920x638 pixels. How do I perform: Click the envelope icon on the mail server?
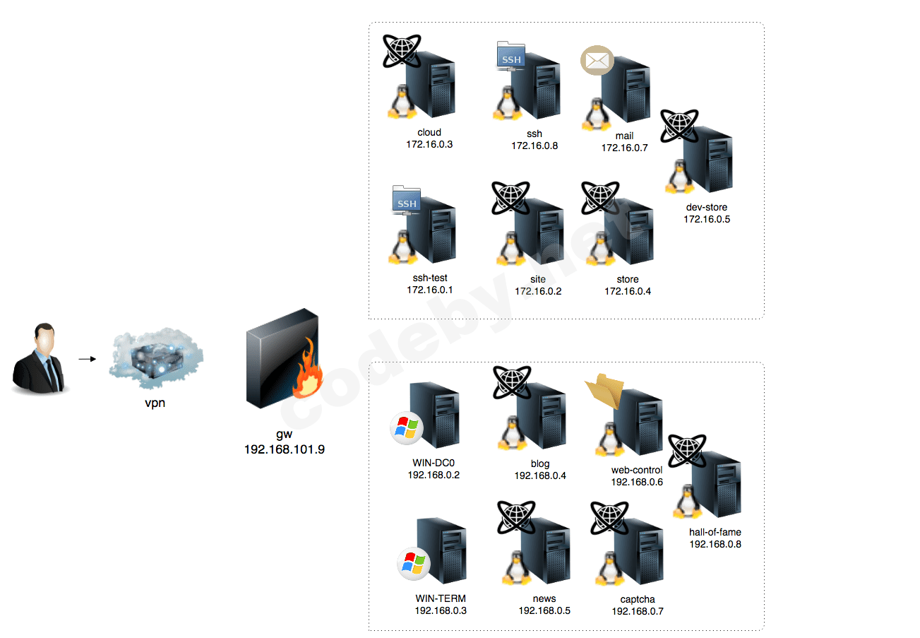click(x=597, y=61)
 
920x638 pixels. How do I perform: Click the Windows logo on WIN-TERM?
click(x=413, y=563)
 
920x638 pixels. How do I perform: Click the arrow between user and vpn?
click(x=87, y=359)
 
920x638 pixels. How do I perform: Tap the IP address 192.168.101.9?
click(x=285, y=449)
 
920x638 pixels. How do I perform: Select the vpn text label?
click(x=155, y=404)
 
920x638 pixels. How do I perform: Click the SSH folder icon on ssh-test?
click(x=406, y=201)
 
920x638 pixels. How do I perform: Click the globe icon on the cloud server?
click(x=401, y=51)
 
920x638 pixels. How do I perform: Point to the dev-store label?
click(x=707, y=207)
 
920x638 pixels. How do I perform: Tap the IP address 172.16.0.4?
click(x=628, y=290)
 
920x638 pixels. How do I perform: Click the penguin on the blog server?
click(x=512, y=433)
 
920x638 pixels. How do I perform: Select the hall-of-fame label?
click(x=715, y=532)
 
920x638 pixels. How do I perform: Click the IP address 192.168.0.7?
click(x=638, y=611)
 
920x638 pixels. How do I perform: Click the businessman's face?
click(x=44, y=344)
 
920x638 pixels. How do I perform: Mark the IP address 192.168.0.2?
click(x=434, y=475)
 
